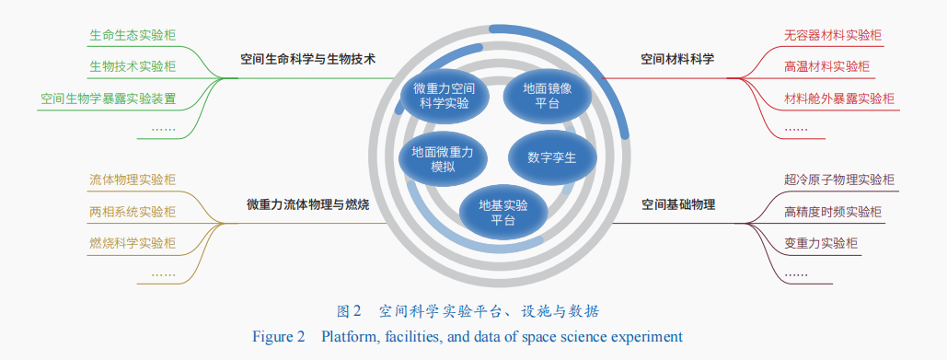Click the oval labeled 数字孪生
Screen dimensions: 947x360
552,158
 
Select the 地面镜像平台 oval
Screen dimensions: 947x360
548,96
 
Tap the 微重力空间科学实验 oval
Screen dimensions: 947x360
444,96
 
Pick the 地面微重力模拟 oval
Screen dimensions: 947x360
443,159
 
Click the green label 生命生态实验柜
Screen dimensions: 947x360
133,35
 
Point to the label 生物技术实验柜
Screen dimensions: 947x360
133,66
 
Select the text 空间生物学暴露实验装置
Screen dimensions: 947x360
108,99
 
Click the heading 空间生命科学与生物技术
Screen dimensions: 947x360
308,59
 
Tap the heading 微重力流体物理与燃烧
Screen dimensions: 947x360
308,204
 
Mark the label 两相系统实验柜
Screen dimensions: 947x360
133,212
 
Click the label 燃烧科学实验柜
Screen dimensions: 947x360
133,243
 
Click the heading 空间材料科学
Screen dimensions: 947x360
677,59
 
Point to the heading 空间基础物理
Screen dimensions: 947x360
677,204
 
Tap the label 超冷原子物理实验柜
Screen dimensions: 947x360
839,180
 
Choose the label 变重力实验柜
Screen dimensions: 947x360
821,243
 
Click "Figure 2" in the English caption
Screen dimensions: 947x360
279,336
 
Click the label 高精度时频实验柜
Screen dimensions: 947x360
833,212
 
